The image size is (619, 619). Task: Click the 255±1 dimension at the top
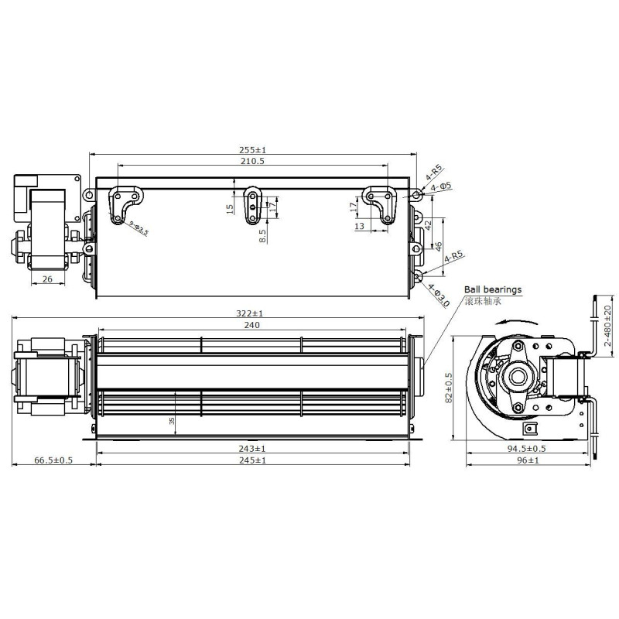tap(253, 149)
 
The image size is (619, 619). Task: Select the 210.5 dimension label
tap(253, 161)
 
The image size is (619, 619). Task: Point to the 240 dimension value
tap(252, 325)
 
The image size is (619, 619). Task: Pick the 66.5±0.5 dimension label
tap(53, 460)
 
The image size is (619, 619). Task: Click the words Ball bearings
tap(493, 289)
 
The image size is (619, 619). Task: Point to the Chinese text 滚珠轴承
tap(483, 300)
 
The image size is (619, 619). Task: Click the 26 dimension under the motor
tap(48, 279)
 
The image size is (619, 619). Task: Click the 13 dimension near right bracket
tap(360, 227)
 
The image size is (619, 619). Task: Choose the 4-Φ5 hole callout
tap(442, 186)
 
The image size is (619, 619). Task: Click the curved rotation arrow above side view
tap(511, 327)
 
